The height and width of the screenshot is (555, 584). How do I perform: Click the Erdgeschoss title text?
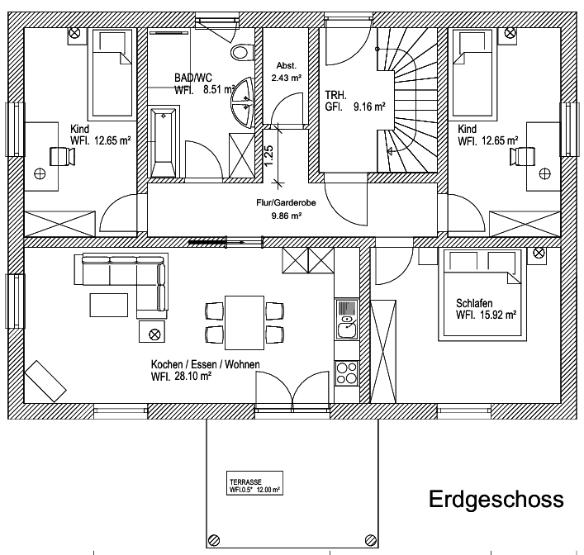(496, 500)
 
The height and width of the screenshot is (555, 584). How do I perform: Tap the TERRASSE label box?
(254, 485)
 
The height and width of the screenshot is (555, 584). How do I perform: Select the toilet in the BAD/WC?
(240, 52)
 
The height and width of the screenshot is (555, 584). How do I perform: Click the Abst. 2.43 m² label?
(287, 71)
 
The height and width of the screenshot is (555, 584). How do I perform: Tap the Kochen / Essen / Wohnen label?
(204, 370)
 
